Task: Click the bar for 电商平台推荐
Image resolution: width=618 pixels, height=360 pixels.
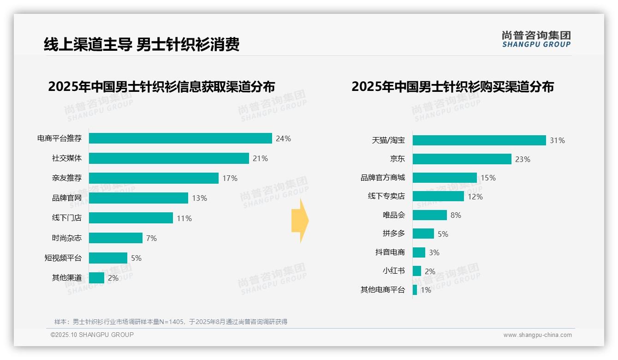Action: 180,138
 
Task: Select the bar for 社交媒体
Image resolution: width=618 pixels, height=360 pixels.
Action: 169,158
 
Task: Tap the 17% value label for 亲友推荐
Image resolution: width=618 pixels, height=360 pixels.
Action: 230,178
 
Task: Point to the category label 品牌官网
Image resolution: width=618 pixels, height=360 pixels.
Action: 67,198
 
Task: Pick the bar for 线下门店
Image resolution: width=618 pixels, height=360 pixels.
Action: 131,218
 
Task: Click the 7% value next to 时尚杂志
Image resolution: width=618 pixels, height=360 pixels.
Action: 151,238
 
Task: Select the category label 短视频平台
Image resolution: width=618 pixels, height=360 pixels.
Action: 63,258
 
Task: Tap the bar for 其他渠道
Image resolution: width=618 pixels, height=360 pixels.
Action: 96,278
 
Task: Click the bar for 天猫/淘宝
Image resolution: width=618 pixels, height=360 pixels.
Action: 479,140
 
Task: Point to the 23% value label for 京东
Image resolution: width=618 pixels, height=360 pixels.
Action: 523,159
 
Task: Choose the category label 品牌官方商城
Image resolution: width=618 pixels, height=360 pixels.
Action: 383,178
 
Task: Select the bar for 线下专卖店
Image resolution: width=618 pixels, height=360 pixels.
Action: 438,196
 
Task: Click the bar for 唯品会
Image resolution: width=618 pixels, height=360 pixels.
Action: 430,215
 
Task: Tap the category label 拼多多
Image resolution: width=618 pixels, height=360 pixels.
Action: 394,234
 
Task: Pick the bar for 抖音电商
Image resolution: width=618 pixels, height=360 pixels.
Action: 419,252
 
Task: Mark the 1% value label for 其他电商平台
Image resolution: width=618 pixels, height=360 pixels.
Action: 426,290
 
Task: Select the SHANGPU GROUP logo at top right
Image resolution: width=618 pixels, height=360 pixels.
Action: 536,39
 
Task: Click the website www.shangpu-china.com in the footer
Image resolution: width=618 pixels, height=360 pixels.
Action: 537,335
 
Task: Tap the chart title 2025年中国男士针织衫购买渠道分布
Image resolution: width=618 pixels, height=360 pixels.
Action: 452,87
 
